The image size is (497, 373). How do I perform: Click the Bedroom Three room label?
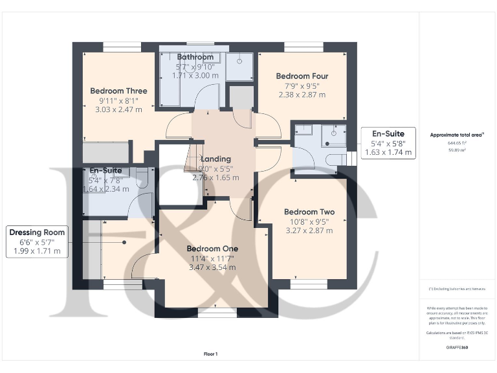click(118, 91)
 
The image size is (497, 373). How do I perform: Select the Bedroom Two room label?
click(309, 212)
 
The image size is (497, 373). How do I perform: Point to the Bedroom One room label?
click(212, 249)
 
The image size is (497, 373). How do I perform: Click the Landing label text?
click(215, 159)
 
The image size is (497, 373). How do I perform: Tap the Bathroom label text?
click(195, 57)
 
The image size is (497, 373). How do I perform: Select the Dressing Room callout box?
click(37, 242)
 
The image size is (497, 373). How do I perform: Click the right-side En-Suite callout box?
click(388, 143)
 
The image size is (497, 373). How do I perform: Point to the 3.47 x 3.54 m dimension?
click(212, 267)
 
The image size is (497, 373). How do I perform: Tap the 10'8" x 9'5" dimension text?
click(309, 221)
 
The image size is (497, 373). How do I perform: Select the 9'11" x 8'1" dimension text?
click(118, 101)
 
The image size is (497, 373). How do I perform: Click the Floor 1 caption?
click(211, 354)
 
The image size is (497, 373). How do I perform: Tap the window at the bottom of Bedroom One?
click(216, 313)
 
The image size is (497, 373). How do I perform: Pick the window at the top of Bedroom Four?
click(303, 46)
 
